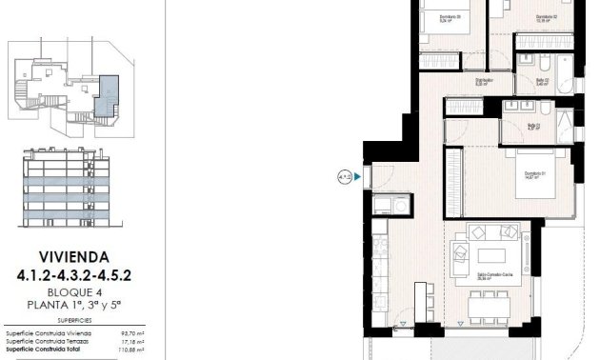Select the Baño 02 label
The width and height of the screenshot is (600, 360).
[x=542, y=80]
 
